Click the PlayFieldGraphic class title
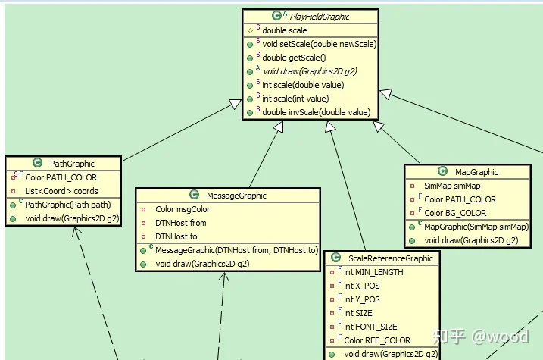(x=320, y=17)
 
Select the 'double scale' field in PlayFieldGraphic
(x=284, y=30)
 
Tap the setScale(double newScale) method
(x=320, y=44)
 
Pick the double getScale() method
(x=294, y=58)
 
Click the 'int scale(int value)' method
(x=295, y=99)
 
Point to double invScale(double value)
(x=316, y=112)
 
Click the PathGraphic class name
(x=72, y=164)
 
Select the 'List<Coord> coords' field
(x=61, y=191)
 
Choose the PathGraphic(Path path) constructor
(x=68, y=205)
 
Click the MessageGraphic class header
(x=236, y=196)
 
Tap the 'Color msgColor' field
(x=183, y=209)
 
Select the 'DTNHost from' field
(x=181, y=223)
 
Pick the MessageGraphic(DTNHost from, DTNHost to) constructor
(x=236, y=250)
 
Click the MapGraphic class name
(x=476, y=172)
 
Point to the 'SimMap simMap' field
(x=452, y=186)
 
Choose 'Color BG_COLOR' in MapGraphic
(x=455, y=213)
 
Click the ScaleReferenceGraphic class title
(x=391, y=258)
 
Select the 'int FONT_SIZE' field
(x=370, y=327)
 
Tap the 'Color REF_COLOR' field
(x=377, y=340)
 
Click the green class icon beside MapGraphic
(x=442, y=171)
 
